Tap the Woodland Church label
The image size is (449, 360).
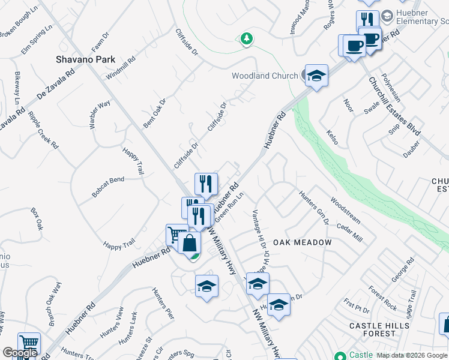[x=265, y=76]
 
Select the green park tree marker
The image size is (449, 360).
[x=246, y=39]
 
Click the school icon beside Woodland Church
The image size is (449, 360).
[x=316, y=76]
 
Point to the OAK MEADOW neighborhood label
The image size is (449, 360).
[x=303, y=242]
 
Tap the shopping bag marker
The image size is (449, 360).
[x=189, y=244]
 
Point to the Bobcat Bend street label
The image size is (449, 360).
[x=108, y=187]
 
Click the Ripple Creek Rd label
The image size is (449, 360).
[x=43, y=130]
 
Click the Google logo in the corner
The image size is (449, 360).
[x=20, y=353]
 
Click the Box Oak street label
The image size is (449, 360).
[x=37, y=219]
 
